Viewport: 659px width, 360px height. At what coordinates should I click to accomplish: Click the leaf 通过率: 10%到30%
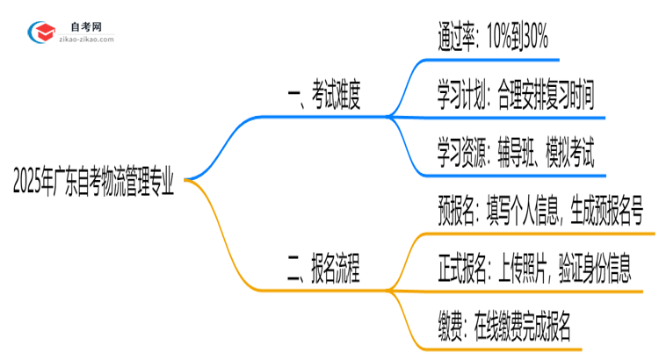493,38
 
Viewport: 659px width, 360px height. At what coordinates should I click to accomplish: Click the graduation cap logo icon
44,33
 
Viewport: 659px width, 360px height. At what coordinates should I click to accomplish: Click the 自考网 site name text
87,27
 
